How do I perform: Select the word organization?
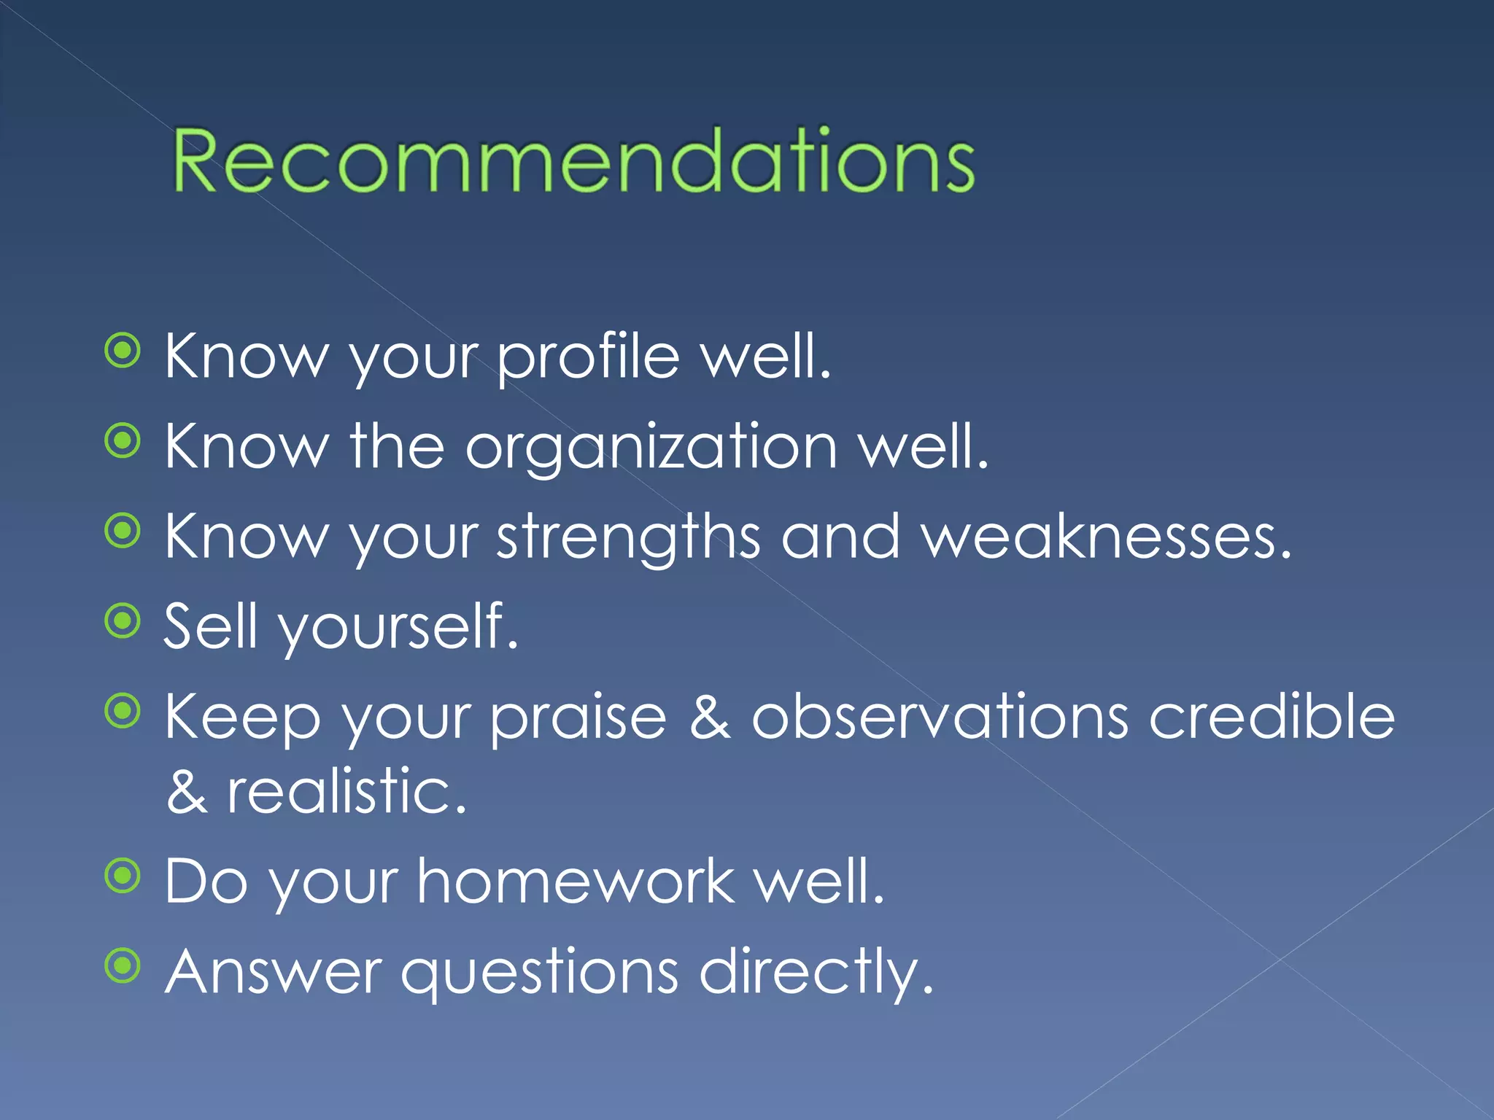tap(651, 448)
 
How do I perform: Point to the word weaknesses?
tap(1106, 538)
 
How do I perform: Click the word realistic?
tap(346, 792)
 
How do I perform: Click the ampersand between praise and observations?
tap(709, 717)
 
